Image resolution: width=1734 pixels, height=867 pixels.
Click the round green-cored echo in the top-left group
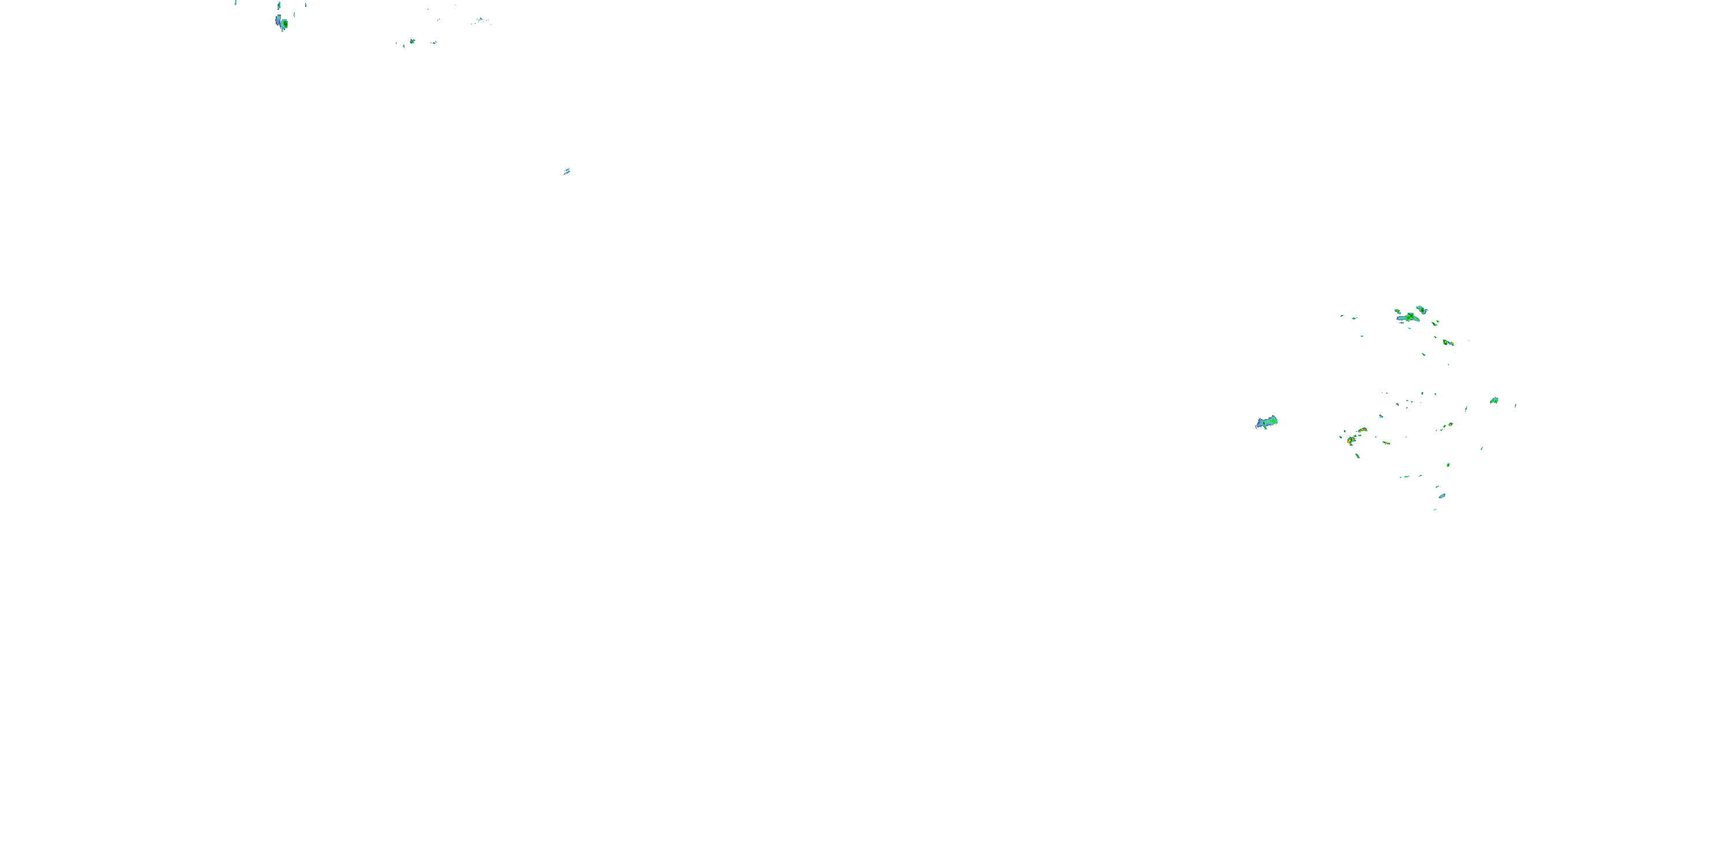(284, 24)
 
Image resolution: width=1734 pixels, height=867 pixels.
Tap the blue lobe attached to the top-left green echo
(278, 20)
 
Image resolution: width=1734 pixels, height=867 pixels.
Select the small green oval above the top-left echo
(279, 5)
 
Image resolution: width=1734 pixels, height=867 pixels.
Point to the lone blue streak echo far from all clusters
(566, 172)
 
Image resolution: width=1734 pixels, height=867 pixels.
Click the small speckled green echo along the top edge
(412, 42)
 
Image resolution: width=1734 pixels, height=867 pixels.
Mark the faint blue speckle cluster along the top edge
(479, 21)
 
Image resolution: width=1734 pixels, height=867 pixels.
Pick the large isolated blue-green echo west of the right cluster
(1266, 422)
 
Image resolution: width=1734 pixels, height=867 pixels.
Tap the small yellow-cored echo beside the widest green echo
(1398, 312)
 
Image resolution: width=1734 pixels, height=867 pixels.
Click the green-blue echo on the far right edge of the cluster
(1494, 401)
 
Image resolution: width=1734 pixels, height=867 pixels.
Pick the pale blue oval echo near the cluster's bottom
(1442, 496)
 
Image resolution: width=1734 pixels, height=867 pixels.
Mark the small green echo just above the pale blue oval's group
(1437, 487)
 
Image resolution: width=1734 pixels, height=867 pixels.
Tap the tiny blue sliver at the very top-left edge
(236, 3)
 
